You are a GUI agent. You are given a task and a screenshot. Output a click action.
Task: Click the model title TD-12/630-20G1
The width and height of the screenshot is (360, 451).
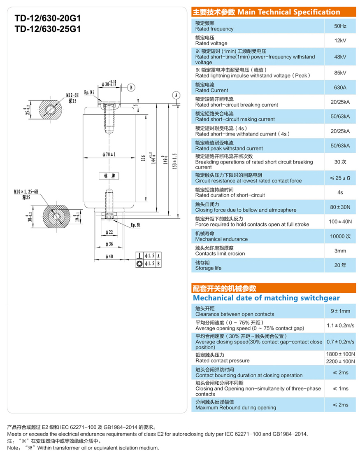[47, 19]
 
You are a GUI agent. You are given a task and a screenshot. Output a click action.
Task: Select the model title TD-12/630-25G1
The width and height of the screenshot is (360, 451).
[47, 29]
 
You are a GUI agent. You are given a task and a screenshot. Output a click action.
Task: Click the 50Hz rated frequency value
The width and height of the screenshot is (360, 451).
[340, 26]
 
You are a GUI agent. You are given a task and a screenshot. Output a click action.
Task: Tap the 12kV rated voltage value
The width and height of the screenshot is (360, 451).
[340, 40]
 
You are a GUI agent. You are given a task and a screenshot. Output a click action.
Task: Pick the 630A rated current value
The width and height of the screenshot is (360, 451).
[340, 87]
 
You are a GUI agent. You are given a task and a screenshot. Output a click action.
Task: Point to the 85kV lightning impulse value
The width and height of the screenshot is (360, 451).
[340, 72]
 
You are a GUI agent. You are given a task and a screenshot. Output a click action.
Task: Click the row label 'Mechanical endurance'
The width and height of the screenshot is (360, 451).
[221, 239]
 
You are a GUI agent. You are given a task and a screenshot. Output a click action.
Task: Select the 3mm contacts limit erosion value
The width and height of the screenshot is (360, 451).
[340, 251]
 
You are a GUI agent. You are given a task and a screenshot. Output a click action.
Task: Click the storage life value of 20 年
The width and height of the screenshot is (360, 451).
[340, 265]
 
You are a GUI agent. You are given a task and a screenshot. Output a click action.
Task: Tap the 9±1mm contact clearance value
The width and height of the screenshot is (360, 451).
[340, 311]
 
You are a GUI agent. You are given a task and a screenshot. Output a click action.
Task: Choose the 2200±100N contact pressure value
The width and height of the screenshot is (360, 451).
[340, 361]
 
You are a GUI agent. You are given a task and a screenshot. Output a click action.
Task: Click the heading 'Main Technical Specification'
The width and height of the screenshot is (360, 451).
[288, 12]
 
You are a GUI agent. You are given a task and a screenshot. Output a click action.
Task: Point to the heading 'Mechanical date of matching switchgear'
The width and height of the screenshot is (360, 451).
[266, 298]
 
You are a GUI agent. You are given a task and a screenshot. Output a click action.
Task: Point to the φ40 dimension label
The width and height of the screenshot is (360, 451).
[109, 257]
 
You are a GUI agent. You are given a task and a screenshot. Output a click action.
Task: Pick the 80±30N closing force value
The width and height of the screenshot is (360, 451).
[340, 207]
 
